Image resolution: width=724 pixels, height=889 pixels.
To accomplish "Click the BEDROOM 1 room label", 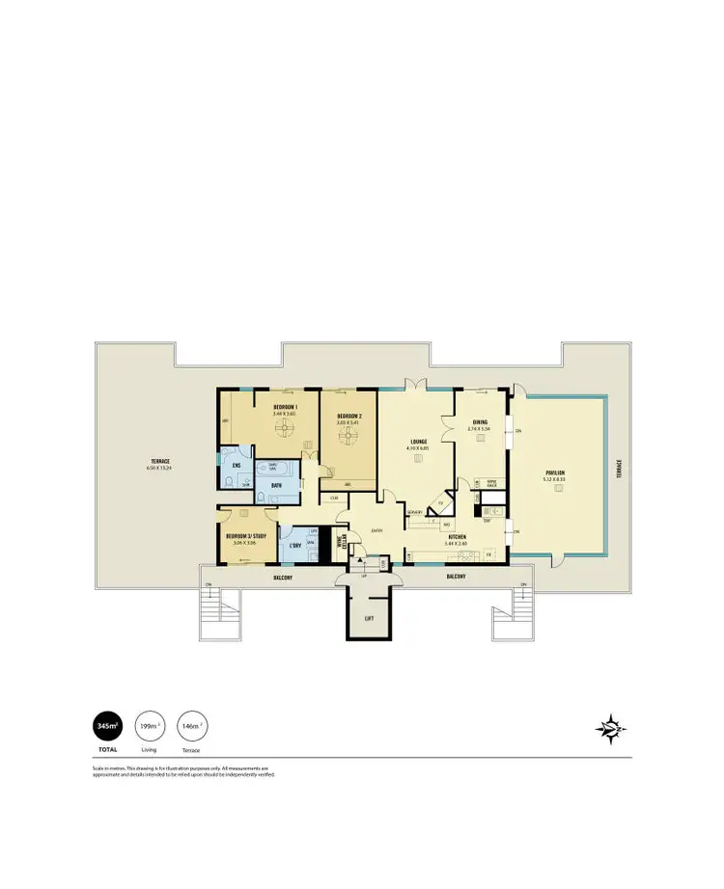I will pos(285,409).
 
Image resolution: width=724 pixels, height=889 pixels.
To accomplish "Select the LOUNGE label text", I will pos(417,443).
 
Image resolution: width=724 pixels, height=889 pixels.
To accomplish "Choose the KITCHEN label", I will pos(457,536).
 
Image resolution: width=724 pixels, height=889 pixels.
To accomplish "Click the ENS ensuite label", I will pos(236,466).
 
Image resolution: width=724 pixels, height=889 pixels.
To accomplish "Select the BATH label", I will pos(276,485).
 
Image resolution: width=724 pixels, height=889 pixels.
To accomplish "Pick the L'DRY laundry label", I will pos(295,546).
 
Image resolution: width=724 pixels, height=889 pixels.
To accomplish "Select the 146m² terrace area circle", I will pos(191,725).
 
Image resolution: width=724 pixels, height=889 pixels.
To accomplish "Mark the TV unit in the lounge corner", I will pos(442,502).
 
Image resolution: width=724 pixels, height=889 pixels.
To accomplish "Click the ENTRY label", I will pos(376,529).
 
